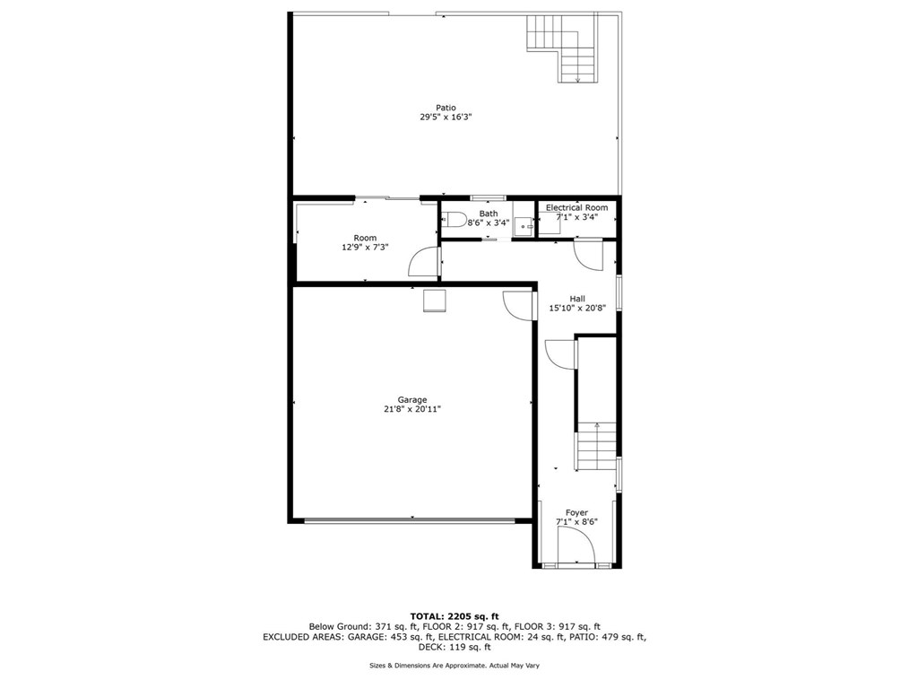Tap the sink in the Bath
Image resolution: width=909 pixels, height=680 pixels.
coord(524,227)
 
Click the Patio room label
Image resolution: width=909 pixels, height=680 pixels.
coord(433,108)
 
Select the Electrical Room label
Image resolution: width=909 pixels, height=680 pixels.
coord(576,207)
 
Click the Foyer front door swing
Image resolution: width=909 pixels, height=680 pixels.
coord(574,544)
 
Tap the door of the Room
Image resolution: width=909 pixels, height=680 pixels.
coord(422,262)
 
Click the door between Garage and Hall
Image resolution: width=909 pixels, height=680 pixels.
coord(517,306)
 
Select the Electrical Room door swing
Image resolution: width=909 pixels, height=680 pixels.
coord(587,253)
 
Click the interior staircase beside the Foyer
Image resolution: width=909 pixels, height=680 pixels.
coord(595,446)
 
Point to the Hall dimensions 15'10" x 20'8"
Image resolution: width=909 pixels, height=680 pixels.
coord(577,308)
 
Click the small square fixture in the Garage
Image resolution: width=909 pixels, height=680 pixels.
coord(434,301)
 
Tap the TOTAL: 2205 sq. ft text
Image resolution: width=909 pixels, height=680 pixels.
coord(454,615)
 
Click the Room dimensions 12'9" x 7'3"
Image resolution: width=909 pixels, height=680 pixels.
coord(365,247)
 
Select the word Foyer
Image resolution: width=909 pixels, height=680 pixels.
coord(576,513)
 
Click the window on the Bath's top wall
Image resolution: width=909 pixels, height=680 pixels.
coord(488,197)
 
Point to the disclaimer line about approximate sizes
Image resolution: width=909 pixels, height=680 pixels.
coord(454,665)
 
